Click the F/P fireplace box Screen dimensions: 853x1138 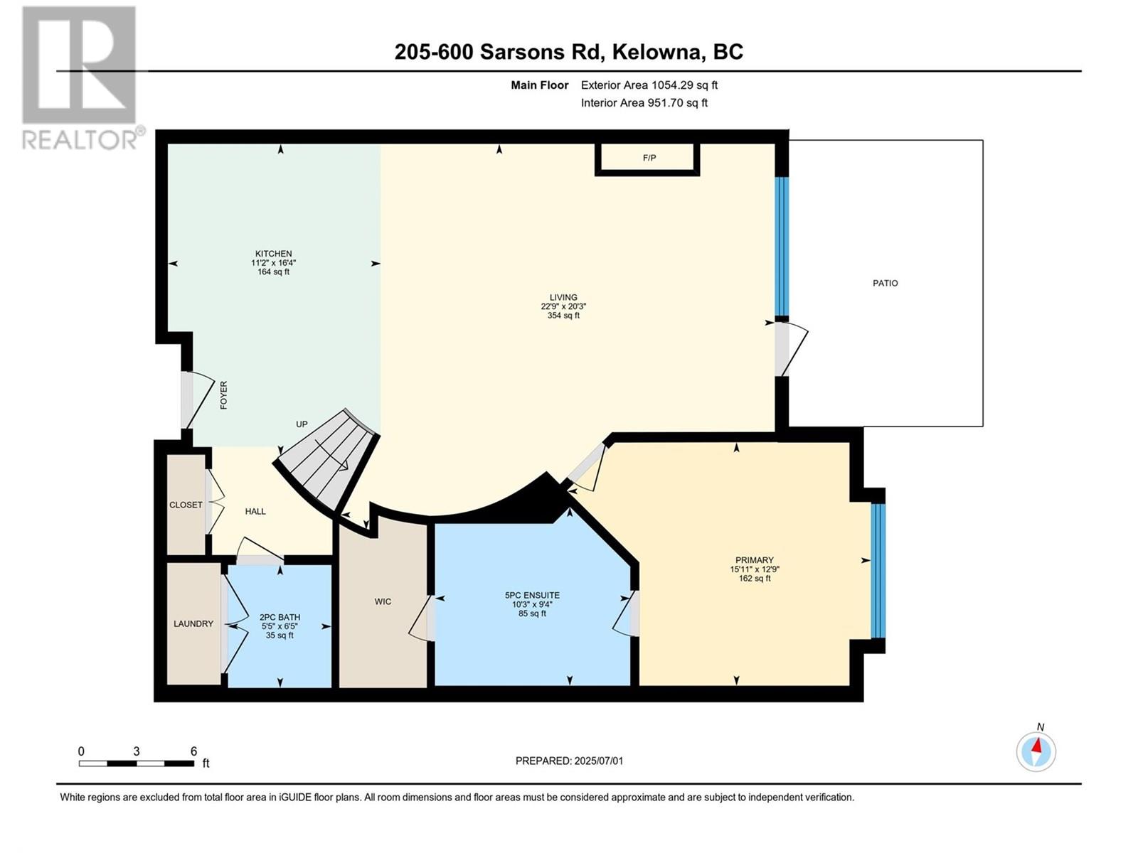[x=648, y=158]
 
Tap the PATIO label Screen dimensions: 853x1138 [x=885, y=283]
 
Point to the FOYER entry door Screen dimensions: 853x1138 [x=188, y=399]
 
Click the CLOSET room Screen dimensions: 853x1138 [x=186, y=505]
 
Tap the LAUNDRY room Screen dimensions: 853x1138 [x=193, y=624]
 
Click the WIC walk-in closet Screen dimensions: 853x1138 [x=383, y=602]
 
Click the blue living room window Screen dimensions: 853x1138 [x=782, y=246]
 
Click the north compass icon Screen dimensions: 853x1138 [x=1036, y=750]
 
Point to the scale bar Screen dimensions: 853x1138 [x=136, y=763]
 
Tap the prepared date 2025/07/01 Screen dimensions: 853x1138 [x=569, y=761]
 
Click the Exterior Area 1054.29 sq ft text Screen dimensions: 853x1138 [x=649, y=85]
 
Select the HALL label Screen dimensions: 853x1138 [x=255, y=511]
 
